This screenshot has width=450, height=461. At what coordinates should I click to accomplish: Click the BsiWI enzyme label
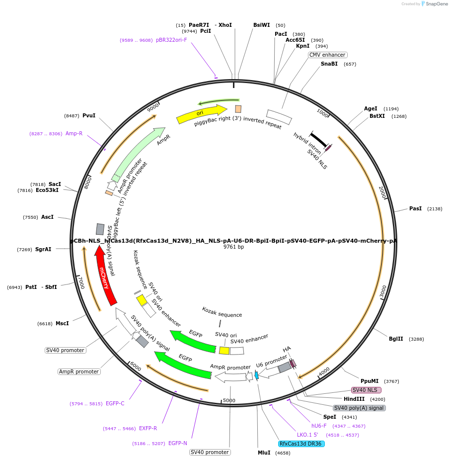pos(262,25)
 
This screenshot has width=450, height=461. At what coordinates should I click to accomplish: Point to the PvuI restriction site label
pos(89,115)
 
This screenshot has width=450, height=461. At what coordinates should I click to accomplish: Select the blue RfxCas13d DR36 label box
pos(301,444)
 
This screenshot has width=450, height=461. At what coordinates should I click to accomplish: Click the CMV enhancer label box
pos(327,55)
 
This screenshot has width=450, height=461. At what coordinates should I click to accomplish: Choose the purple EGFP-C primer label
pos(115,403)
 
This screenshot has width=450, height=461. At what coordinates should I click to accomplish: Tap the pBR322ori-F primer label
pos(171,40)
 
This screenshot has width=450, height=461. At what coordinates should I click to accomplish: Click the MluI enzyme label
pos(264,453)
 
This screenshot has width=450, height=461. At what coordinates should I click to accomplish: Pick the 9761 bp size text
pos(233,247)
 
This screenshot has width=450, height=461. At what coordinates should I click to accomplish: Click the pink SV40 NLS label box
pos(366,390)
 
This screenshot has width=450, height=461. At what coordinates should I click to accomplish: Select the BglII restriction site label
pos(396,339)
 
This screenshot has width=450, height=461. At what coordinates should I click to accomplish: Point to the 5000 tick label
pos(229,400)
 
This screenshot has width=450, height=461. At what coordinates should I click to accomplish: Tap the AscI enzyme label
pos(47,217)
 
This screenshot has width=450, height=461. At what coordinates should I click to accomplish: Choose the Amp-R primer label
pos(74,133)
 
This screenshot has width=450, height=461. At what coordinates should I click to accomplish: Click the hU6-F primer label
pos(319,426)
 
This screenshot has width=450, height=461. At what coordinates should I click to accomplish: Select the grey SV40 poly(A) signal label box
pos(359,408)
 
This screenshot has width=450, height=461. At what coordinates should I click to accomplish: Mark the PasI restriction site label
pos(415,208)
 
